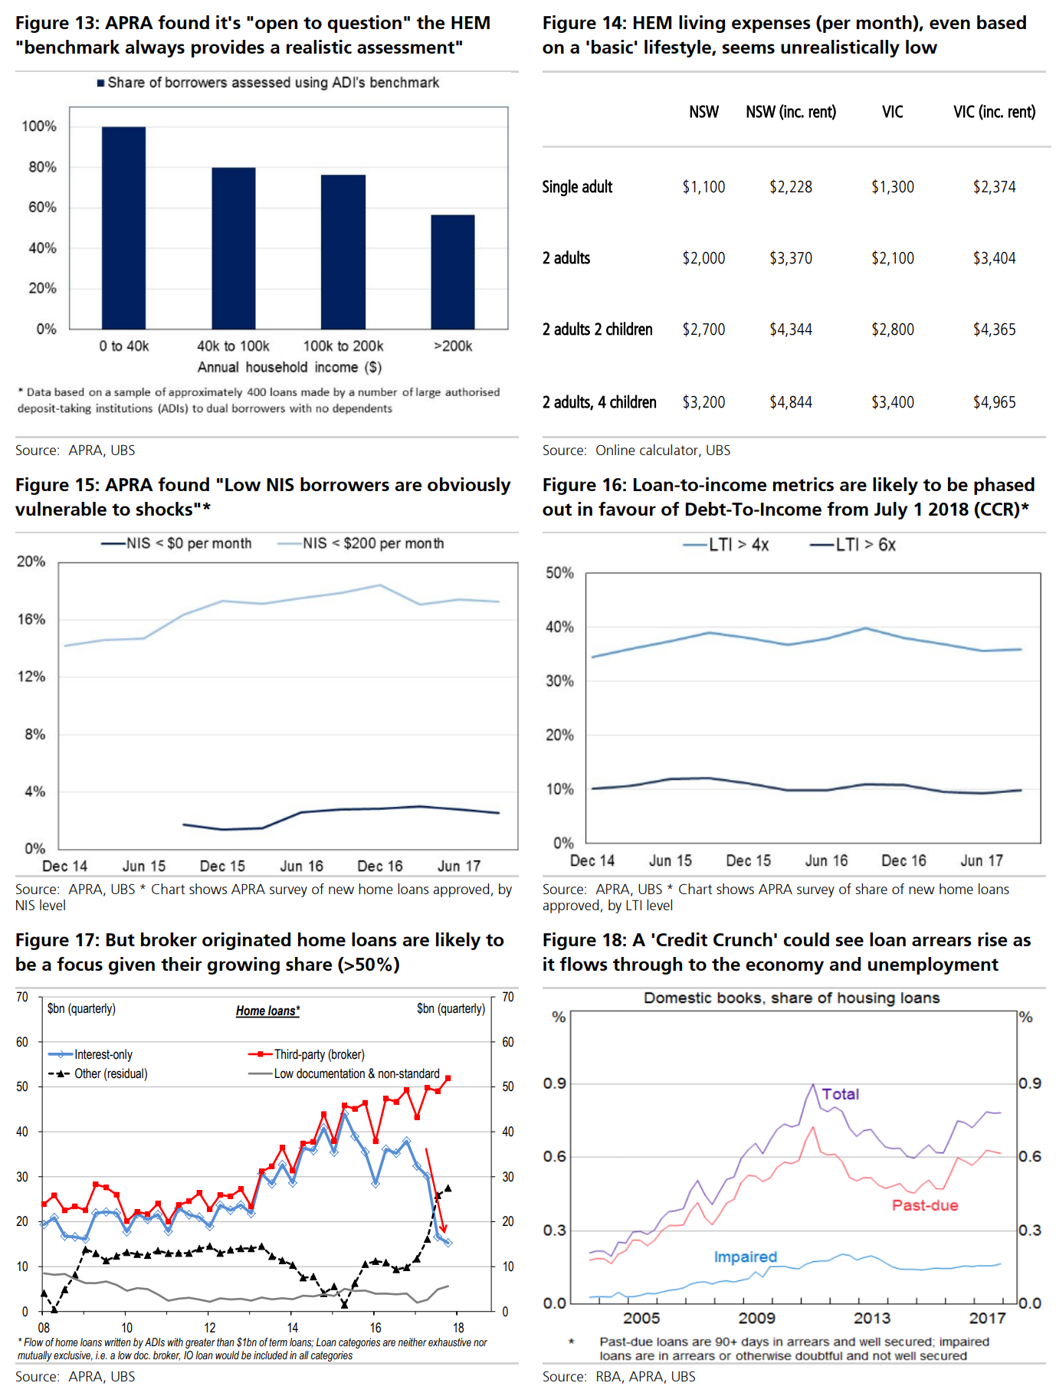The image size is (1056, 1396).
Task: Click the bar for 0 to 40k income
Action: click(x=123, y=228)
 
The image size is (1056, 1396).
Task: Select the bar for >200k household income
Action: click(x=453, y=272)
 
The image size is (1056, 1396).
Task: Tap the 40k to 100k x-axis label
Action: click(x=233, y=346)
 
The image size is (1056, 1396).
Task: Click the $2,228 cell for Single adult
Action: click(x=791, y=187)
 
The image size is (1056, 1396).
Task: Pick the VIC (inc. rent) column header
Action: click(x=994, y=112)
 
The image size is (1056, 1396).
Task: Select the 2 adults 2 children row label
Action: click(x=598, y=329)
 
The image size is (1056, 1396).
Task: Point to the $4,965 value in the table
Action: click(x=994, y=402)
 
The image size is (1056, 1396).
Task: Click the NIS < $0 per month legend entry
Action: click(x=177, y=543)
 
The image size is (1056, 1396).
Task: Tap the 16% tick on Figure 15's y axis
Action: click(x=31, y=619)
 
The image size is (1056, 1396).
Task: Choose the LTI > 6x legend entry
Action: click(x=853, y=545)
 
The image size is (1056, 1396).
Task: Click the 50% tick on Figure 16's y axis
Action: click(x=559, y=573)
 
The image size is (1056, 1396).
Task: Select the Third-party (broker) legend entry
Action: click(x=307, y=1054)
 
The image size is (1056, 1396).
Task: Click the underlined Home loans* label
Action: click(x=267, y=1011)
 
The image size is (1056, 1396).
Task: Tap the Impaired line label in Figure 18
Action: click(x=745, y=1257)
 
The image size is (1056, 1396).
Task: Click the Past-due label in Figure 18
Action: click(x=924, y=1205)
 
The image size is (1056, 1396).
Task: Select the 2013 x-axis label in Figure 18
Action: click(x=872, y=1318)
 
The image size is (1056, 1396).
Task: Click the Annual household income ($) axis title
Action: click(x=290, y=367)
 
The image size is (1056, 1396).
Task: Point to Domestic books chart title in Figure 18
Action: click(x=791, y=998)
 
